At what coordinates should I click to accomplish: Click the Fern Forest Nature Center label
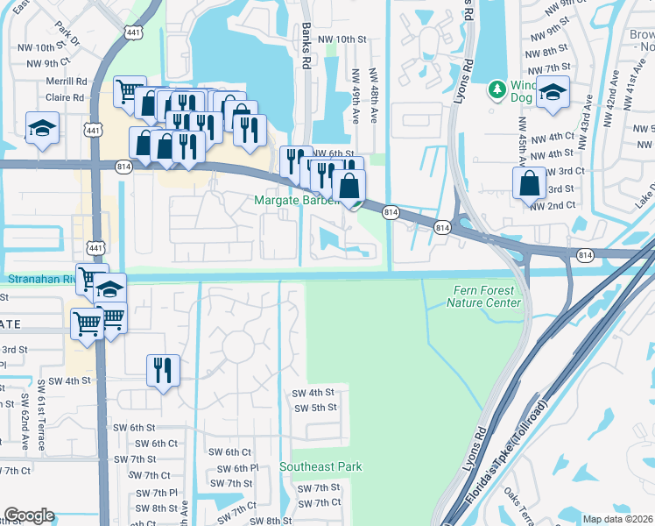click(x=483, y=297)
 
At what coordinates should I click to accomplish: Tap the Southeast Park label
click(x=320, y=467)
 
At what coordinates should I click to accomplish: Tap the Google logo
click(x=29, y=515)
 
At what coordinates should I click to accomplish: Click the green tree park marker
click(x=498, y=89)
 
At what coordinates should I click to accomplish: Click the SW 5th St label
click(x=316, y=408)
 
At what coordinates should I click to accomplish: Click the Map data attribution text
click(x=618, y=519)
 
